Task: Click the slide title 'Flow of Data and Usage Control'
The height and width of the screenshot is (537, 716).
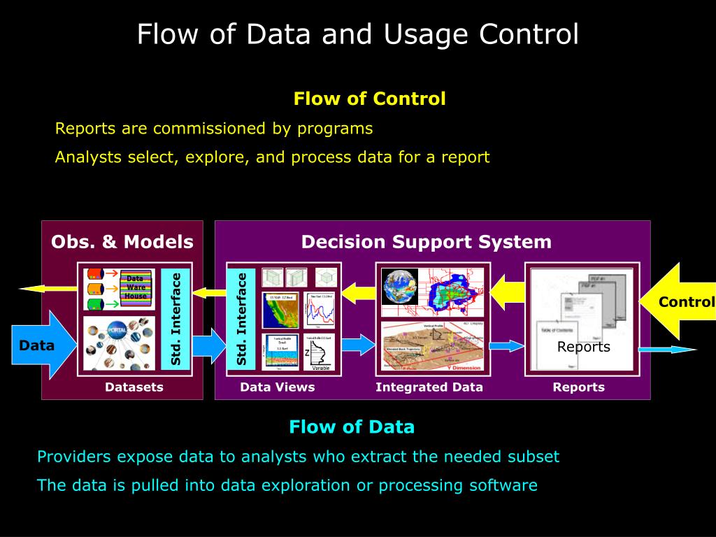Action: (x=357, y=34)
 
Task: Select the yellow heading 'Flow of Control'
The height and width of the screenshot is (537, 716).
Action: (x=369, y=99)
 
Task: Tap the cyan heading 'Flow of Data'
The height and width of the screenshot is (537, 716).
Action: (x=352, y=427)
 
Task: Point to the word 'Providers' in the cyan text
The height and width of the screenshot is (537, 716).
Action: (x=73, y=457)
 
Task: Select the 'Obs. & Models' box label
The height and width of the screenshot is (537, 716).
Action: (x=122, y=242)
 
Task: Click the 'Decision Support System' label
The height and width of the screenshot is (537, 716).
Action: (x=427, y=242)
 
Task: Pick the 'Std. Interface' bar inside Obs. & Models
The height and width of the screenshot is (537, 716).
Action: (x=176, y=319)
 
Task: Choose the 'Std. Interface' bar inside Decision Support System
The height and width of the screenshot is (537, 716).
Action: (x=242, y=319)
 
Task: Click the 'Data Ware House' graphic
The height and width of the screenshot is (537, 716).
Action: (x=136, y=287)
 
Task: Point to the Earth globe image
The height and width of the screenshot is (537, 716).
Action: (x=399, y=287)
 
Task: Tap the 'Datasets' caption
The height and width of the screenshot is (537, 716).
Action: (x=134, y=387)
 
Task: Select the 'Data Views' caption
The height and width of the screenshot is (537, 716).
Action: (x=278, y=387)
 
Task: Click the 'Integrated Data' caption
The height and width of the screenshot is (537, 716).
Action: (x=429, y=387)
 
